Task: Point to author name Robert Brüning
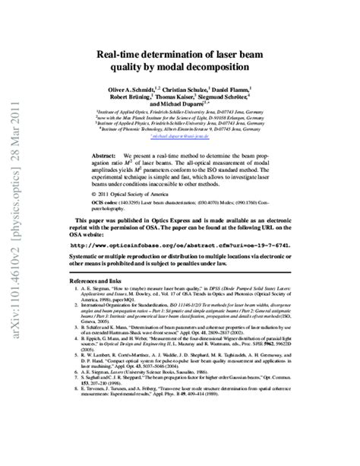click(x=128, y=98)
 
